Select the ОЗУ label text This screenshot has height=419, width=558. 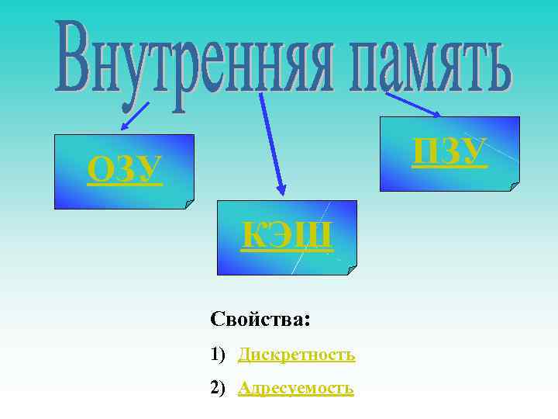coord(125,170)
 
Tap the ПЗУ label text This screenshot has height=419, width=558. coord(449,151)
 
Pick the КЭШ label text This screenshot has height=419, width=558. coord(288,236)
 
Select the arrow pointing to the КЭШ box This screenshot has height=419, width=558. coord(272,143)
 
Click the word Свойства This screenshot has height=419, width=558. coord(257,319)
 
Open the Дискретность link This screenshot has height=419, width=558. coord(296,355)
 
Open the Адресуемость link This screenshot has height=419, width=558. coord(295,387)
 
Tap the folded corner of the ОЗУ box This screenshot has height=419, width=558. coord(189,203)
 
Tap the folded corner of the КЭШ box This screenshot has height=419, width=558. coord(352,270)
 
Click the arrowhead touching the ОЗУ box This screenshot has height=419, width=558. coord(122,129)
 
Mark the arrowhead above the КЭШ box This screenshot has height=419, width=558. coord(281,189)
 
